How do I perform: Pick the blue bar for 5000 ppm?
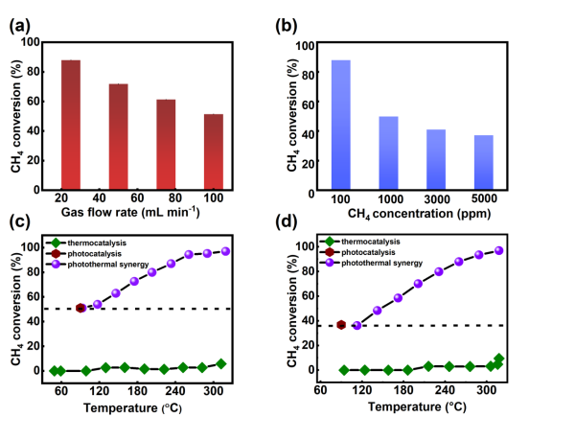[x=483, y=164]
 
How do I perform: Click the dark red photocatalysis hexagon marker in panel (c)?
[x=80, y=309]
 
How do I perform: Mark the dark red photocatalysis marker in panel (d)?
[x=341, y=325]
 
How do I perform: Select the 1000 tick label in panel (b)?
[x=388, y=197]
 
